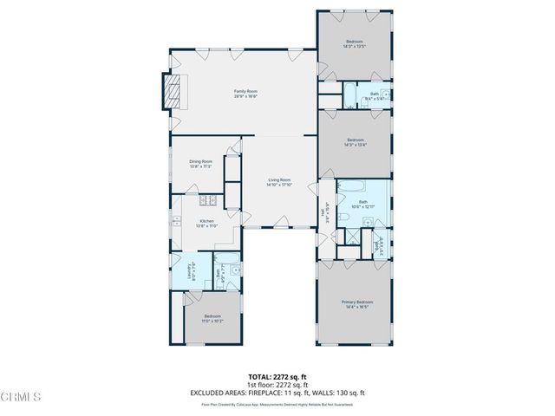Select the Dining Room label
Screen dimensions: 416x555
click(x=201, y=162)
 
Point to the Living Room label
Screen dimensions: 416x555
click(x=278, y=179)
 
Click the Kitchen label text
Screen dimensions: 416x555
click(x=206, y=221)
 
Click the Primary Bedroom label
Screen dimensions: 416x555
click(x=355, y=302)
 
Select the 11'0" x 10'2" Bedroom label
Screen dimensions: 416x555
click(x=212, y=316)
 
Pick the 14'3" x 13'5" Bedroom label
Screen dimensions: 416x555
click(x=355, y=42)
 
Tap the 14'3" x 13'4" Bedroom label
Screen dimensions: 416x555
click(x=355, y=140)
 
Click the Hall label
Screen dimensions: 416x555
click(x=323, y=211)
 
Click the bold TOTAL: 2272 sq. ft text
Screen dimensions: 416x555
click(x=277, y=377)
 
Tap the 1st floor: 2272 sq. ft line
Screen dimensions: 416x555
click(x=277, y=385)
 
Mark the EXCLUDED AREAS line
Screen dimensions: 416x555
click(x=277, y=393)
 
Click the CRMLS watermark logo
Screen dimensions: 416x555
click(x=21, y=398)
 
